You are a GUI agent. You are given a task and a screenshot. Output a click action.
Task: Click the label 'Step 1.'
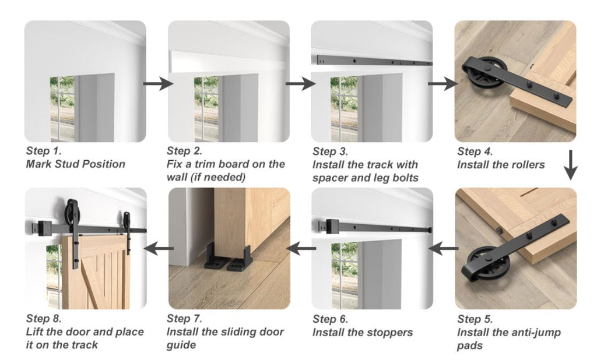click(x=44, y=151)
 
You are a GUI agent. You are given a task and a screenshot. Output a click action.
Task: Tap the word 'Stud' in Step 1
click(x=71, y=164)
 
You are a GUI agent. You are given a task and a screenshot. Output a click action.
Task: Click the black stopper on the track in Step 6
click(x=331, y=224)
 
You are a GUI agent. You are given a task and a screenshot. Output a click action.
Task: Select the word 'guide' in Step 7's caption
click(x=181, y=345)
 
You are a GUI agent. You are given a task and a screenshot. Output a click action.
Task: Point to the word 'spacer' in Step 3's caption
click(x=332, y=178)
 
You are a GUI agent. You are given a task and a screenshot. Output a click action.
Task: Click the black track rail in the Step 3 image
click(x=373, y=61)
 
